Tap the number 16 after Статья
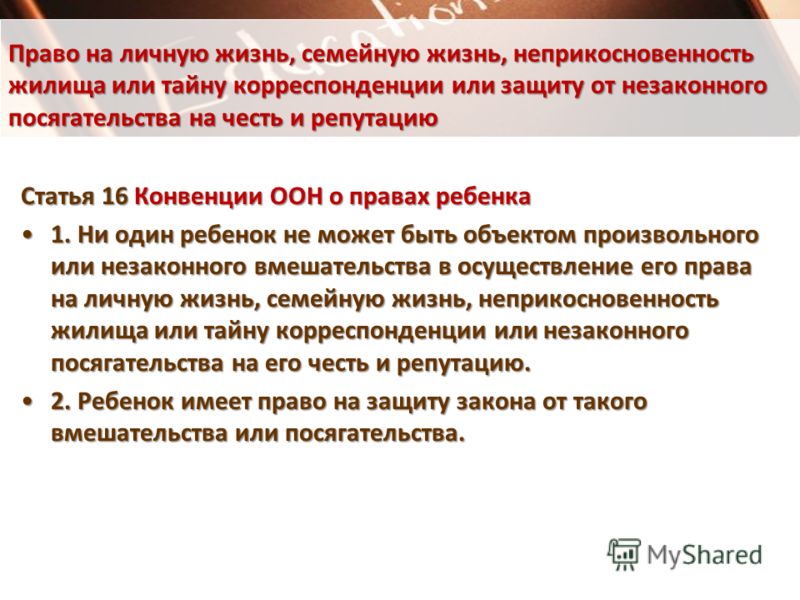tap(115, 196)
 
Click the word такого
tap(611, 402)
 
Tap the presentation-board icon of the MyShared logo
tap(624, 554)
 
